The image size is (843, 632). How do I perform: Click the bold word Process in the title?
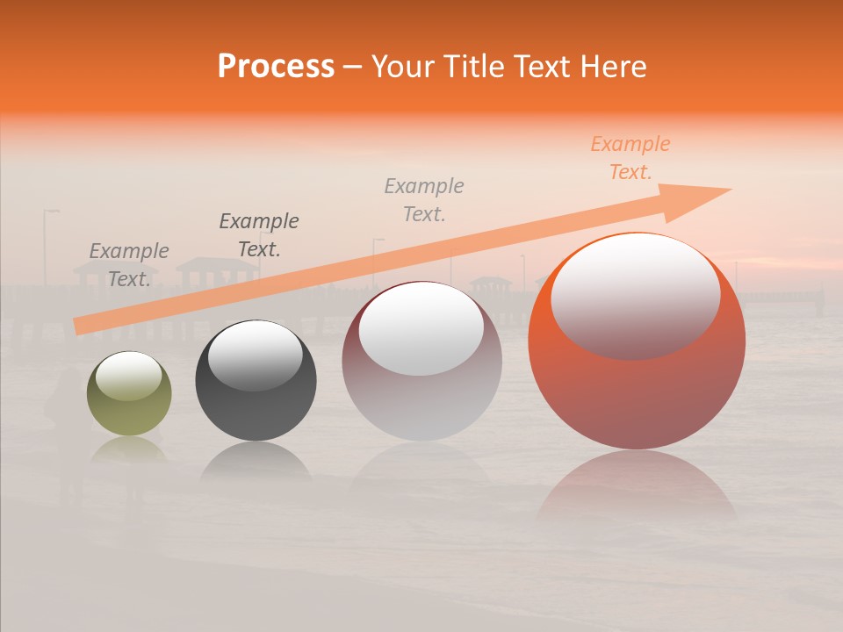(x=276, y=67)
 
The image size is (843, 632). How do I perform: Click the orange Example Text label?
(x=630, y=158)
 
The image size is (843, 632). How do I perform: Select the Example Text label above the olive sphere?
(x=129, y=265)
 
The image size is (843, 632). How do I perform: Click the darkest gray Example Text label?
(x=259, y=235)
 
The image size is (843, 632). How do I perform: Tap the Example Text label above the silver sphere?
(x=424, y=200)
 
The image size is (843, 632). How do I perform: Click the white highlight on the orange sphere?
(x=635, y=294)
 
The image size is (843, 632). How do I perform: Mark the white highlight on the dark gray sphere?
(x=255, y=355)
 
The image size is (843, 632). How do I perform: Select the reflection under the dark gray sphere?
(x=256, y=461)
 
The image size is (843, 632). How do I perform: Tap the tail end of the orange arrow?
(x=79, y=327)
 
